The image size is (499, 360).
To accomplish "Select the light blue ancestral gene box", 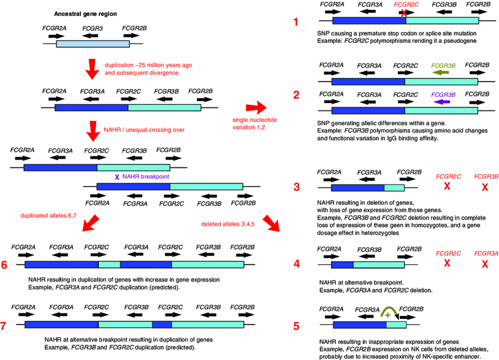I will (92, 44).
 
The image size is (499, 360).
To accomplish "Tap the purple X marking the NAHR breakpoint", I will (117, 177).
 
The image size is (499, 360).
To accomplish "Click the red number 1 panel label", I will (295, 23).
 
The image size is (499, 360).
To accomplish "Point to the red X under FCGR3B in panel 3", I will (485, 185).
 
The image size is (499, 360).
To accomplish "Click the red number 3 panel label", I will (295, 186).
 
